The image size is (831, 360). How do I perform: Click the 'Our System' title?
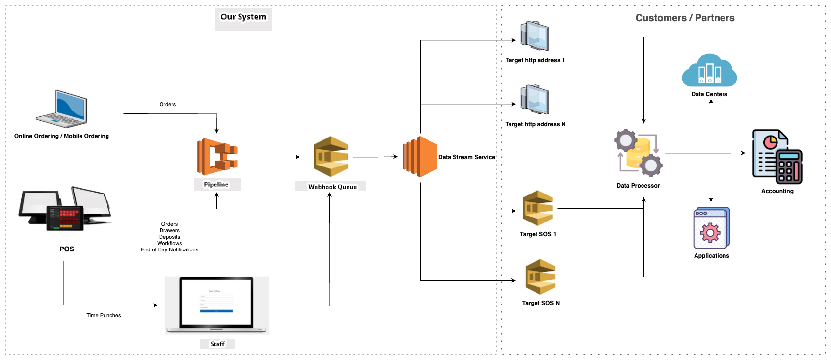[x=243, y=17]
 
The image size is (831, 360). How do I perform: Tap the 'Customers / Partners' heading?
[x=685, y=18]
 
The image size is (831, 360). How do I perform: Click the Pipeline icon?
[x=217, y=157]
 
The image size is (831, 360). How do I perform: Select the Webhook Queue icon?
[x=331, y=156]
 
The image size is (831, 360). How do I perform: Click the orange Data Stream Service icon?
[x=420, y=157]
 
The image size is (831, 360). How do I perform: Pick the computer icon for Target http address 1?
[x=535, y=36]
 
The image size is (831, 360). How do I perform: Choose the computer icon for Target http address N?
[x=535, y=100]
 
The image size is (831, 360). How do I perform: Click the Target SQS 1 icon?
[x=537, y=208]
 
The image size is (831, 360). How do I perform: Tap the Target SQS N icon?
[x=540, y=277]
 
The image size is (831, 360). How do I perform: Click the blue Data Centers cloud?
[x=709, y=71]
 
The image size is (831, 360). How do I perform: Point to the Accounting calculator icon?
[x=777, y=157]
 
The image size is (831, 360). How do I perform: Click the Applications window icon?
[x=711, y=228]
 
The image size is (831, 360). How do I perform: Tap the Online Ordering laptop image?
[x=62, y=109]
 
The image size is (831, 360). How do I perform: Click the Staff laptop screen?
[x=216, y=302]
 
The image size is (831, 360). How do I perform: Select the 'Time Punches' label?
[x=104, y=316]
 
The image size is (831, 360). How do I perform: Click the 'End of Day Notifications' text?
[x=169, y=250]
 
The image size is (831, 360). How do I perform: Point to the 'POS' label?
[x=67, y=249]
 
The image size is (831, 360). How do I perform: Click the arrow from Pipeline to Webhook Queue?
[x=272, y=157]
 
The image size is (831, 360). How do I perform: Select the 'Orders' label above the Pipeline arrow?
[x=167, y=104]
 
